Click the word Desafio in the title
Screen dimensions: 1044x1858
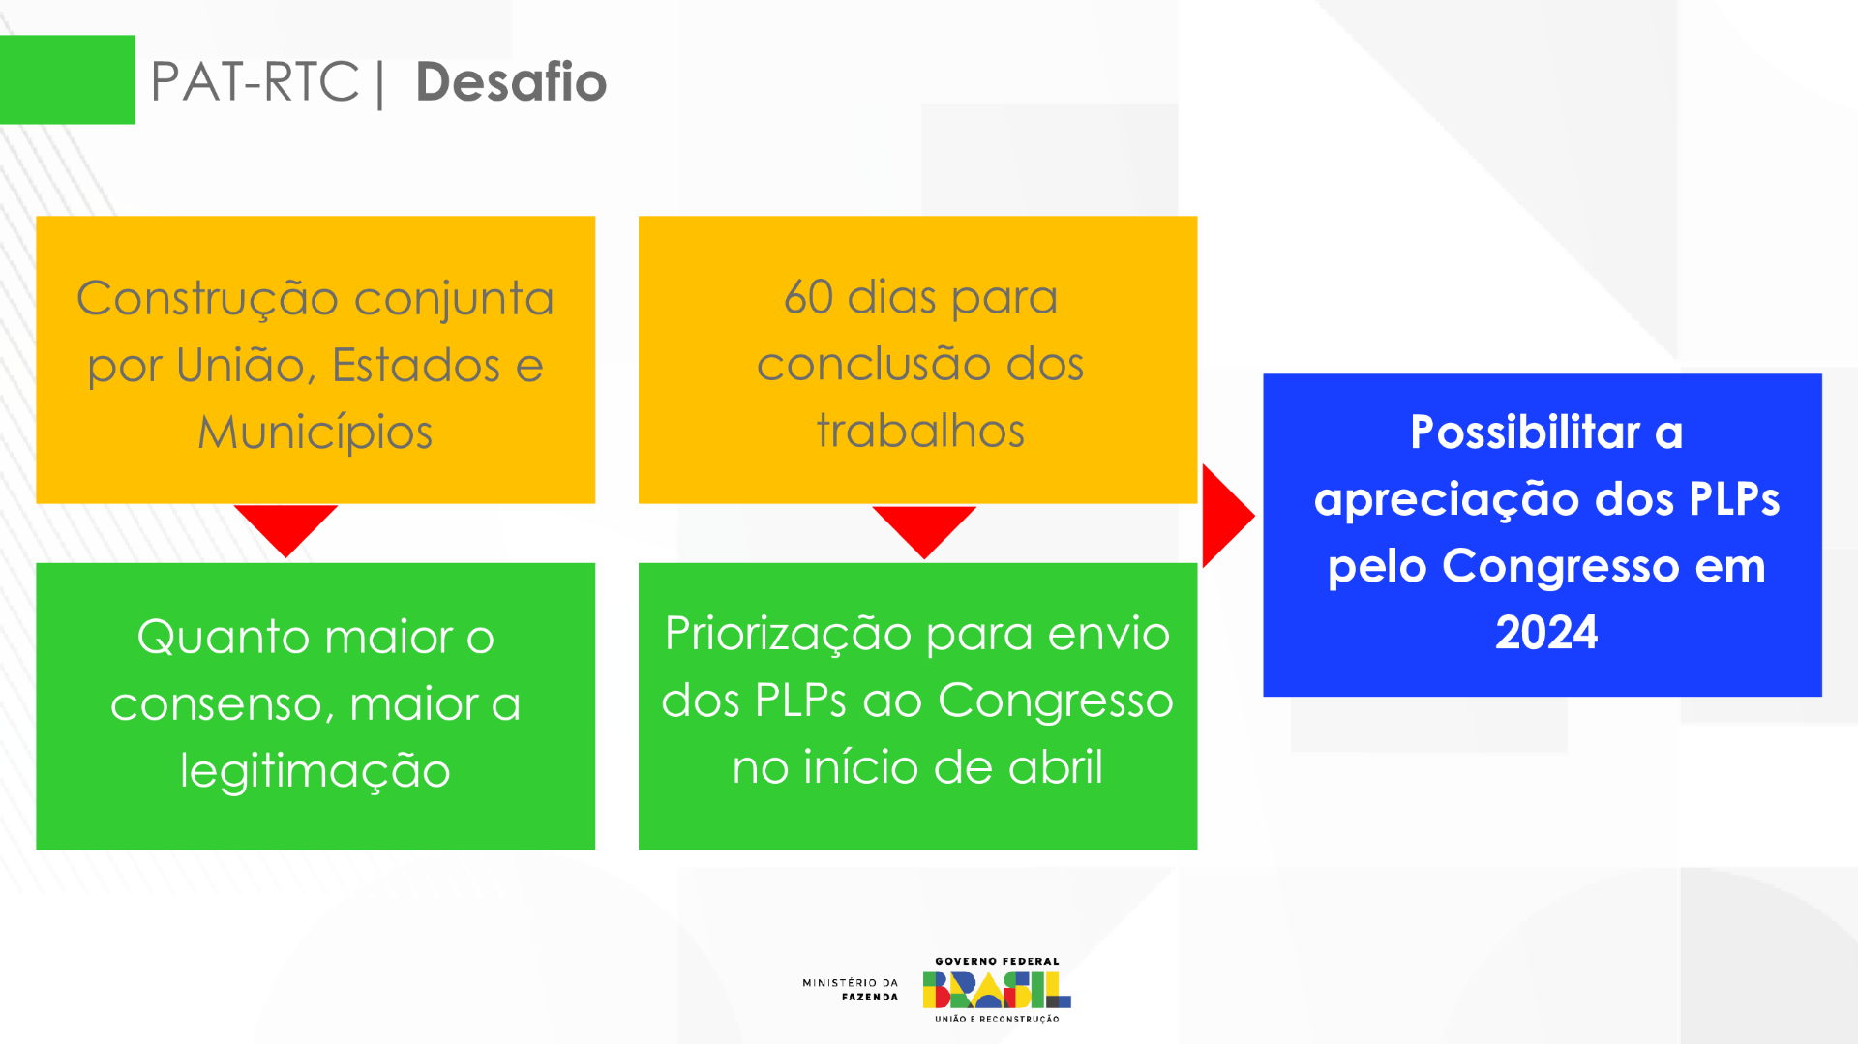510,82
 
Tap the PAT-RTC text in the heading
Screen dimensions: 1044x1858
255,82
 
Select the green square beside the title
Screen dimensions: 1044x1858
67,79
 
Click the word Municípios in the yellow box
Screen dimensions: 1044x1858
315,432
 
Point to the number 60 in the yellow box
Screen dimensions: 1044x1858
808,297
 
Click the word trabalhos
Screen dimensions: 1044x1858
919,431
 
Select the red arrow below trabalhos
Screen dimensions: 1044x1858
924,528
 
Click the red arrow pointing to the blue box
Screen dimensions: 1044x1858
1225,516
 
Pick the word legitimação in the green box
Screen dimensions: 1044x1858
315,771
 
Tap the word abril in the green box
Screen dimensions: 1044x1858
1055,767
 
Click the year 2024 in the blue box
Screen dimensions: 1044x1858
1545,633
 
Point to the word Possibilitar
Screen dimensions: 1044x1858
1525,432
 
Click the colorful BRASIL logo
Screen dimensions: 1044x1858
997,990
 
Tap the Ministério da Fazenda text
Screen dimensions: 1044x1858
850,989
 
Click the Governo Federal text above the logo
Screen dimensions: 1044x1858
997,961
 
